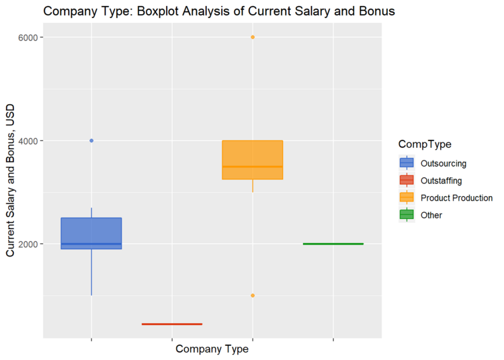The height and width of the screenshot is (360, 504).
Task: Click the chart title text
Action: click(218, 11)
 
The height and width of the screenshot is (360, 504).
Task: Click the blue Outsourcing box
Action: click(91, 232)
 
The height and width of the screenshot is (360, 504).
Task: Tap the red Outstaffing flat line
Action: click(172, 324)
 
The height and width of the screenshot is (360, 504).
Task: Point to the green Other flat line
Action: click(333, 244)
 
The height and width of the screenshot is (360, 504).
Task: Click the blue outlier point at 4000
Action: click(91, 140)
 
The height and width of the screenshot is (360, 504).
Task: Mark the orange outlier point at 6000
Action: click(253, 37)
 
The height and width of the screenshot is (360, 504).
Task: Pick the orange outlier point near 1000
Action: click(253, 296)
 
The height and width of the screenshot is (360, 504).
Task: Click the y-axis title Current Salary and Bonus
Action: click(11, 181)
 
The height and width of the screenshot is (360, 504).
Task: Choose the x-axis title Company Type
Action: click(212, 349)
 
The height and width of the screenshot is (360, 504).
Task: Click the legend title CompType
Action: click(424, 144)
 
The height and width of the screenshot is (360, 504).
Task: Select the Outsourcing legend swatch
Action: click(407, 163)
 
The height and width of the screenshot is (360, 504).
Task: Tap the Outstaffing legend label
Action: click(441, 180)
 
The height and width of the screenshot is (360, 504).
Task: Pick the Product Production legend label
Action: click(456, 197)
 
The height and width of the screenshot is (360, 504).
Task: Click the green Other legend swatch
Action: click(407, 215)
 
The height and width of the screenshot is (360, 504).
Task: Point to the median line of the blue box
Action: click(91, 244)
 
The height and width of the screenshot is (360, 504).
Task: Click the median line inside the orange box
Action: click(253, 167)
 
